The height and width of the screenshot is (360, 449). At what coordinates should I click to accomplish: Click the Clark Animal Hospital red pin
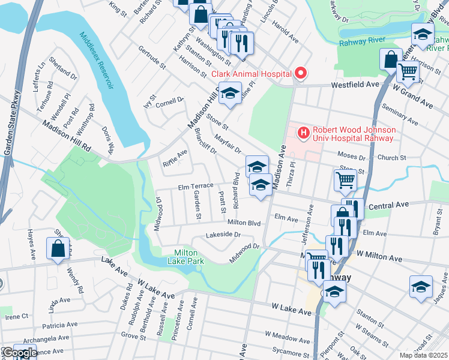tap(301, 74)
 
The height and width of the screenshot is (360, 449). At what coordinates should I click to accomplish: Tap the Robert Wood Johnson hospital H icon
tap(304, 132)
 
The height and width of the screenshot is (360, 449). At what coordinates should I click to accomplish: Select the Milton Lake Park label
tap(189, 257)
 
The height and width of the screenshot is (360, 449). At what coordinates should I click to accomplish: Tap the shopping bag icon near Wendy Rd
tap(58, 249)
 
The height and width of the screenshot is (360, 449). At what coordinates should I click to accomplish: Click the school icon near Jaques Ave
tap(421, 286)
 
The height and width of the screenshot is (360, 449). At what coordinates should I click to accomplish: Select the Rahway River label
tap(361, 41)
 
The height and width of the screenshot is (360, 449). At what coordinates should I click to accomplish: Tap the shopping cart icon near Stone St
tap(345, 179)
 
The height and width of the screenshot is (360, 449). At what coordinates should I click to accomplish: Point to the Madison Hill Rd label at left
tap(66, 137)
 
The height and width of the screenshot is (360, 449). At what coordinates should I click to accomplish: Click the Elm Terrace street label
tap(195, 186)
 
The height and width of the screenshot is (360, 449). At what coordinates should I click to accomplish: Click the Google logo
tap(19, 353)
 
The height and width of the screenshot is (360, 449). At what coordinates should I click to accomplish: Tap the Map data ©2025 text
tap(423, 355)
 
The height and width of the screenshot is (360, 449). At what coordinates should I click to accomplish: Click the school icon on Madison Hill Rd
tap(229, 94)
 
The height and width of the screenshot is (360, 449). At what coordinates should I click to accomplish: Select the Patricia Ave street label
tap(55, 325)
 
